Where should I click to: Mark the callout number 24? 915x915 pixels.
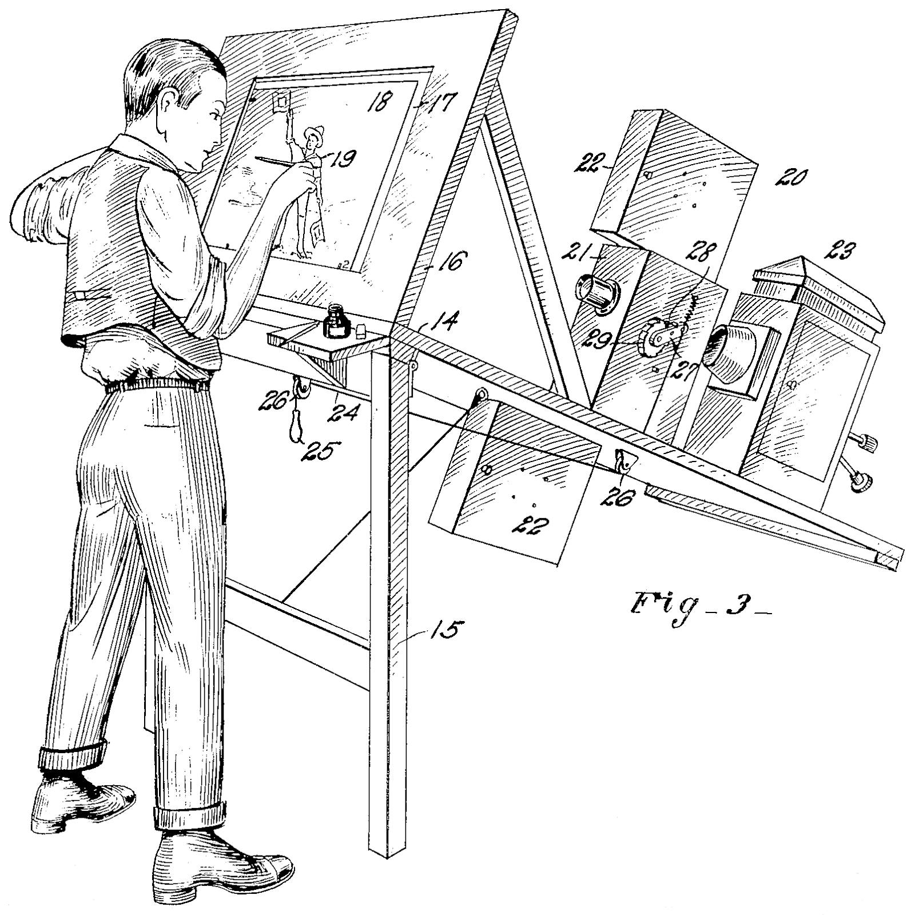(344, 411)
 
